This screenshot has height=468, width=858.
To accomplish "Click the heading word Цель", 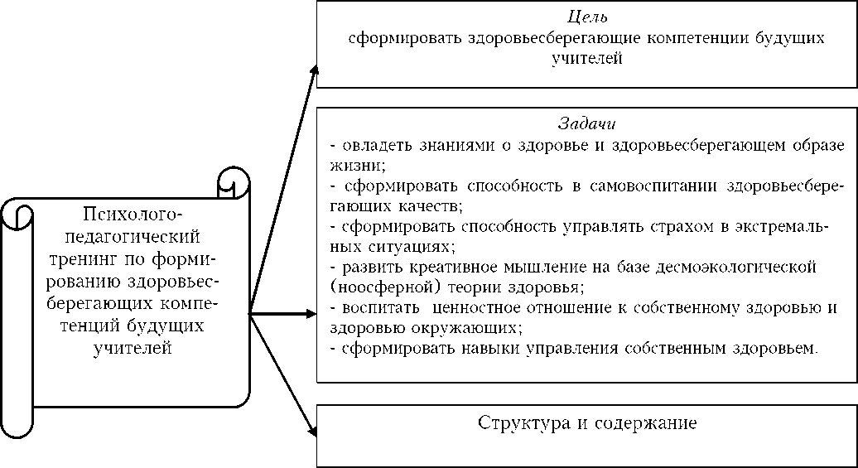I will pos(586,17).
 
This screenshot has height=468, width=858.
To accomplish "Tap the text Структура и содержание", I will pos(587,422).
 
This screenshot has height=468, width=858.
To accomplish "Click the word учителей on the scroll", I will pos(133,348).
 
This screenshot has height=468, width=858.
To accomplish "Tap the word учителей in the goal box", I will pos(586,59).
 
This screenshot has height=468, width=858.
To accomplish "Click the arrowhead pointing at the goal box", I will pos(314,66).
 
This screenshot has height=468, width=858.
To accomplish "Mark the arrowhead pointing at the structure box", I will pos(313,430).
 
